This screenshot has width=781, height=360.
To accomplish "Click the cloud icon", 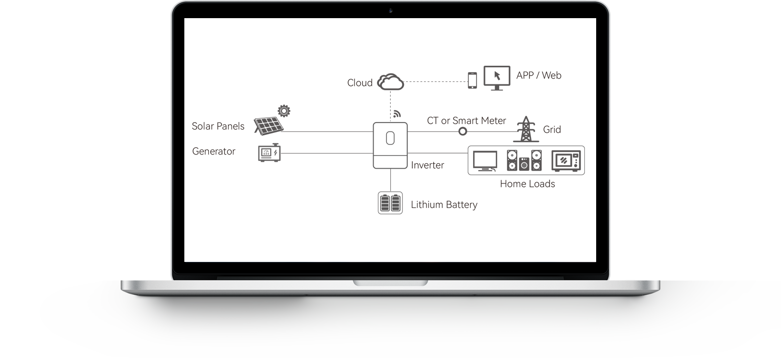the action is tap(390, 82).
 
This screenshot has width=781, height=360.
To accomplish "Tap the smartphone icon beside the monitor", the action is tap(472, 80).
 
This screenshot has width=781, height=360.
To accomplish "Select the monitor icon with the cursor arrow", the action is tap(497, 78).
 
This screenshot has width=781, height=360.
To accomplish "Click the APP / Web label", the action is tap(539, 76).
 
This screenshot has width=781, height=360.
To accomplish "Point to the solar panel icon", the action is tap(269, 126).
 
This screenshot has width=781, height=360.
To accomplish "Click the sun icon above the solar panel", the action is tap(284, 111).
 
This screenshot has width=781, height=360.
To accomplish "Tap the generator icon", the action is tap(269, 153).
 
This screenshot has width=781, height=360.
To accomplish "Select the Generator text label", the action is tap(214, 152).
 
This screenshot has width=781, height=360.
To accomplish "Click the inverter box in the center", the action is tap(390, 146).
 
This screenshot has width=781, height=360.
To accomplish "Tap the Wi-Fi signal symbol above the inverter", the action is tap(397, 114).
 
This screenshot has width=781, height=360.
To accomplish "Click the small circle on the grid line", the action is tap(463, 131).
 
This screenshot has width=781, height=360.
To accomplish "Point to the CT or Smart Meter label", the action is tap(466, 121).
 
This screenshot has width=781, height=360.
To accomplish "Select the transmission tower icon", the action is tap(526, 129).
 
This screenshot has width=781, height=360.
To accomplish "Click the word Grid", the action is tap(552, 130).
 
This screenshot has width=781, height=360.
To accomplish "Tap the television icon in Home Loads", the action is tap(485, 161).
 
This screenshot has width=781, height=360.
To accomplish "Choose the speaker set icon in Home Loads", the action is tap(524, 160).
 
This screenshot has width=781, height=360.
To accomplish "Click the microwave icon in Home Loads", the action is tap(566, 161).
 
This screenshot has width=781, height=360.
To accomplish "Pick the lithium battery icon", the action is tap(390, 203).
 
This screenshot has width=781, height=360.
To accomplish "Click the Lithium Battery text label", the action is tap(444, 205).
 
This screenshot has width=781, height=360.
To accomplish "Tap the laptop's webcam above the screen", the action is tap(390, 10).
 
